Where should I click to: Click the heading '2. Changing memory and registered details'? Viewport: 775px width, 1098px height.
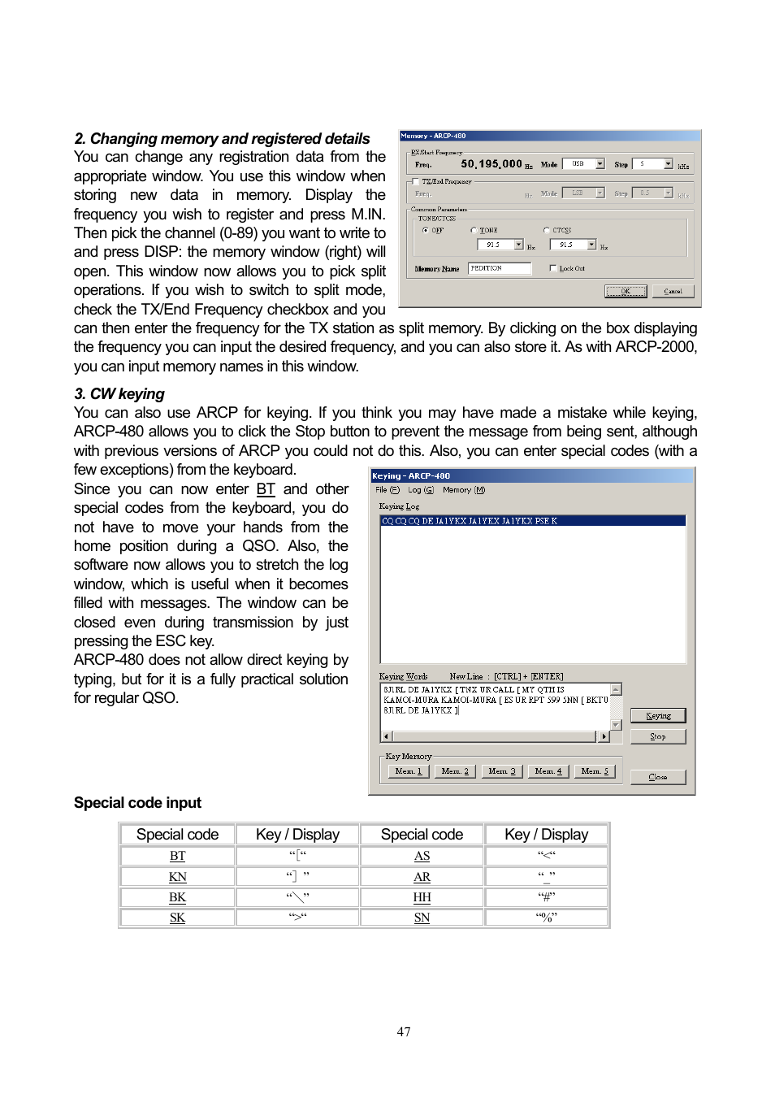click(x=222, y=139)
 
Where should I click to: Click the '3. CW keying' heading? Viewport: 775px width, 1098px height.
click(x=119, y=394)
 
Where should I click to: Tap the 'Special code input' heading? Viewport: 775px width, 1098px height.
click(x=137, y=803)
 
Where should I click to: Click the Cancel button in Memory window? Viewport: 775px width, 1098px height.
click(x=673, y=291)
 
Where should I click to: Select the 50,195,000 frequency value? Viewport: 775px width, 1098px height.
click(x=491, y=164)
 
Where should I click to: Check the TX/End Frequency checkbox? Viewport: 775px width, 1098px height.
click(x=416, y=182)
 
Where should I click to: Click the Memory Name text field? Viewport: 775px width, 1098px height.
click(x=499, y=268)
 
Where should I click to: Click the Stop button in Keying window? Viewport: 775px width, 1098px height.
click(x=657, y=736)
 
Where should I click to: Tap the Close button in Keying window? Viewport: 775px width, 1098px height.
click(x=657, y=777)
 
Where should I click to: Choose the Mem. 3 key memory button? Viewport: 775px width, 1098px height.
click(x=501, y=771)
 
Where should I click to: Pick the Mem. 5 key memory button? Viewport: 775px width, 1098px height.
click(x=594, y=771)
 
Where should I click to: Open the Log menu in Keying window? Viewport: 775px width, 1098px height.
click(x=420, y=490)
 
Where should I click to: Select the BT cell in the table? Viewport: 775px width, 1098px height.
click(x=177, y=856)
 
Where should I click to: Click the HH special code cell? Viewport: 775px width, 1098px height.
click(x=422, y=897)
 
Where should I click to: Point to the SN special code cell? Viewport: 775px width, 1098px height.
click(x=422, y=918)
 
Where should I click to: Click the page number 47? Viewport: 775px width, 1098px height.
click(x=404, y=1031)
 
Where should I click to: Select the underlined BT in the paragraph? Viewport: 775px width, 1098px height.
click(x=266, y=489)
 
